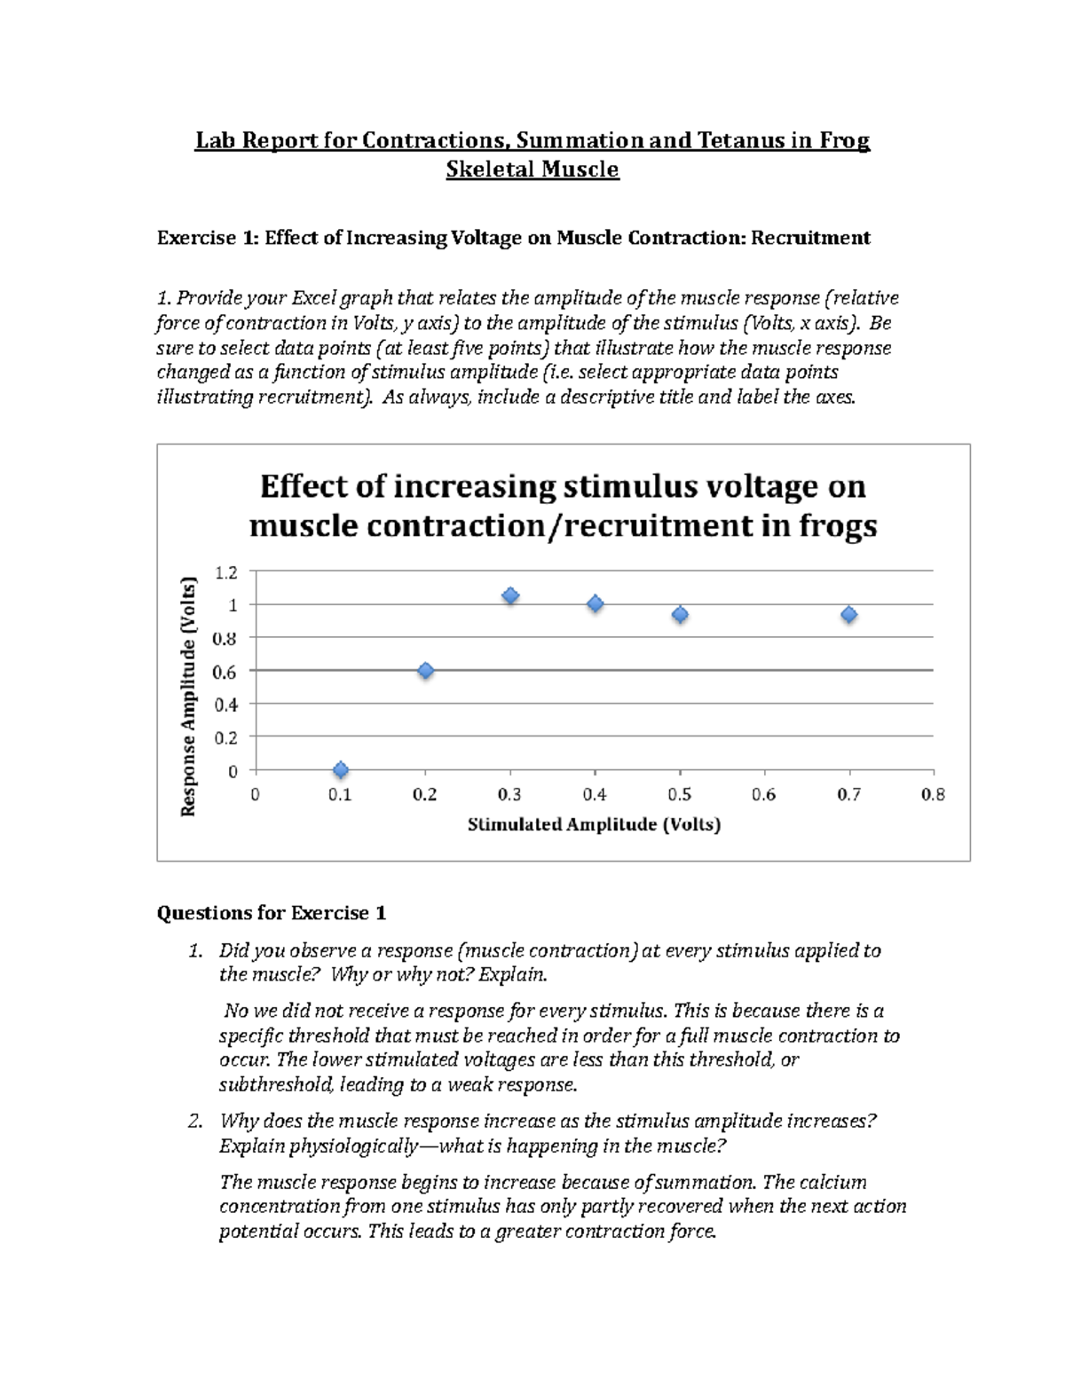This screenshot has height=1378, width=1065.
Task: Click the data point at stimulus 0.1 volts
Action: [x=340, y=770]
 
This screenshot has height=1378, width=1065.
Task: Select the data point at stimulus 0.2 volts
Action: [x=425, y=671]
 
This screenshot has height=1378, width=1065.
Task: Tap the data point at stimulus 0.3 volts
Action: [x=510, y=596]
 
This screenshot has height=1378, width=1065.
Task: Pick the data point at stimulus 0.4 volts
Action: [x=596, y=604]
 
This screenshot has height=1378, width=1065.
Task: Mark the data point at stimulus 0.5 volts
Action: [x=680, y=614]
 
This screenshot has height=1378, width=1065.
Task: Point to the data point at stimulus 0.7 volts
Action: [x=849, y=614]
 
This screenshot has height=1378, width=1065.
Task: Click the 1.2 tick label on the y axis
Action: [x=226, y=572]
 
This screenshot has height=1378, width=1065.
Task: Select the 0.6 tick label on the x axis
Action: [x=763, y=795]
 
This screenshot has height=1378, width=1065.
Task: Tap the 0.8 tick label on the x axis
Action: [x=933, y=795]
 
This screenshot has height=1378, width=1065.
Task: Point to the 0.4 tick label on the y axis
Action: [x=226, y=705]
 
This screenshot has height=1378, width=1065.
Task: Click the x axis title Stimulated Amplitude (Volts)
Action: [x=594, y=825]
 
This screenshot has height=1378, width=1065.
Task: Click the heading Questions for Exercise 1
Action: [x=272, y=912]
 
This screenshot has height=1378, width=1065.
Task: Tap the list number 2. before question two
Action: [x=196, y=1121]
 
